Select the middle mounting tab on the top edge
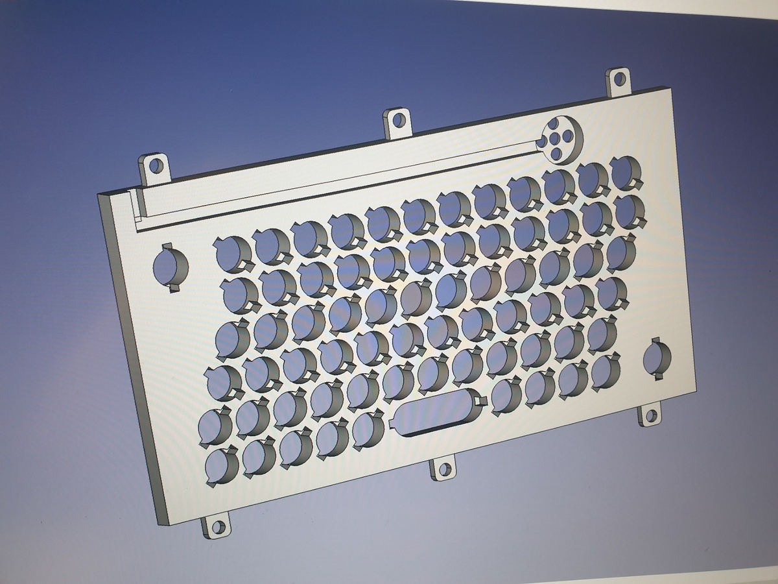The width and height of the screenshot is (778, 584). [397, 121]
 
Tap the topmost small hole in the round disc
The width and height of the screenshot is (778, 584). [557, 125]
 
